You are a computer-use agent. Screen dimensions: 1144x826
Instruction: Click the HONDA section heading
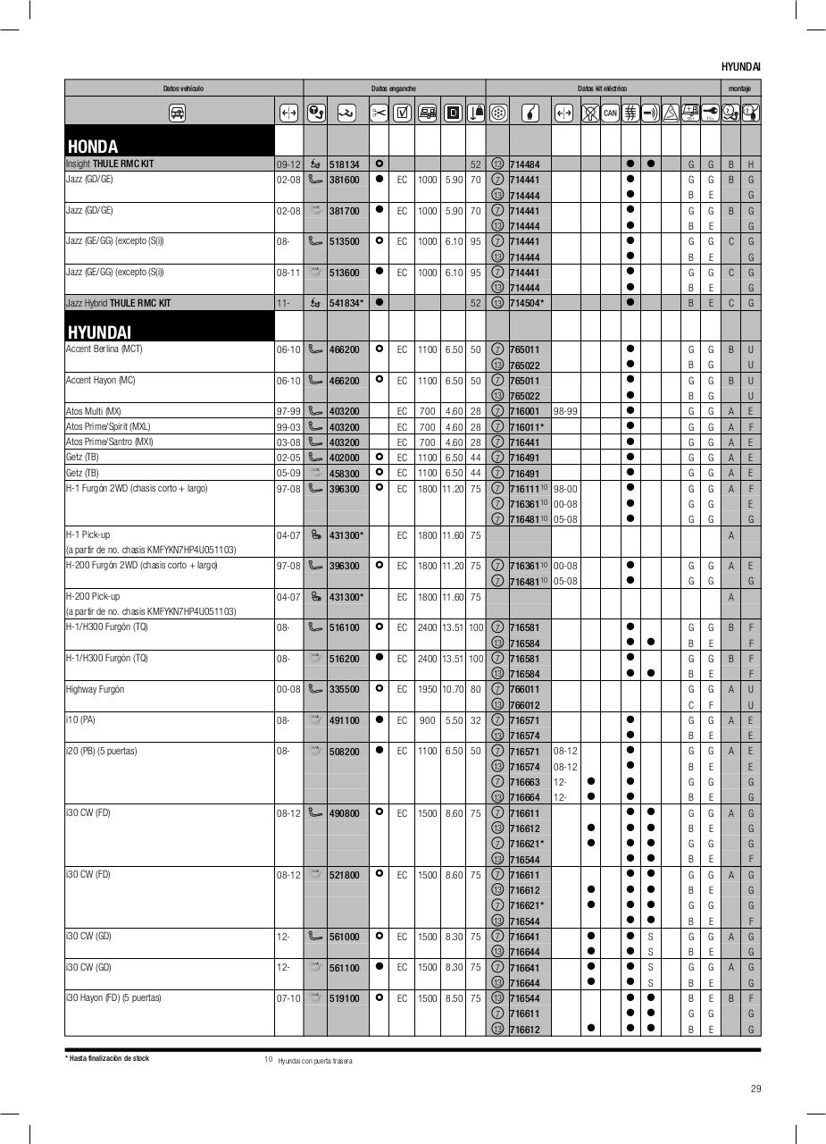(93, 146)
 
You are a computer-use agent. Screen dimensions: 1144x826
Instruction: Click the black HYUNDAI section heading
(99, 332)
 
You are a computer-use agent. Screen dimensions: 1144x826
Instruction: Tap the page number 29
(755, 1089)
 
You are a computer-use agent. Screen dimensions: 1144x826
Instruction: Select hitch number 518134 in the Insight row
(344, 164)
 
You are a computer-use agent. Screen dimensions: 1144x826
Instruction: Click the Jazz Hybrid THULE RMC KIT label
(118, 303)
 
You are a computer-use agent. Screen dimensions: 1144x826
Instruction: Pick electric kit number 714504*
(526, 303)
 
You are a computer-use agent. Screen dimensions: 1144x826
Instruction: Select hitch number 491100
(344, 720)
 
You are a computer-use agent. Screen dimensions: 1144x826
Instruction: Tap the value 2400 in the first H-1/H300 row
(428, 627)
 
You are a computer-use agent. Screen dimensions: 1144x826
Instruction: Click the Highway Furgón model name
(95, 689)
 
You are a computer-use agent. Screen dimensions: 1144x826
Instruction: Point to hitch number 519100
(344, 998)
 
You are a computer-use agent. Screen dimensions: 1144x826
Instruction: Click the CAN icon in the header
(610, 113)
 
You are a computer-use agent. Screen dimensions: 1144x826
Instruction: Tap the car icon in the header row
(178, 113)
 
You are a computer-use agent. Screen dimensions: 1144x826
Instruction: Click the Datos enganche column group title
(394, 88)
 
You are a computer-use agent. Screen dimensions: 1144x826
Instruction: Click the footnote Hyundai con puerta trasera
(314, 1061)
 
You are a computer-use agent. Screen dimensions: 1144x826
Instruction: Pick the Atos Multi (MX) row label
(94, 411)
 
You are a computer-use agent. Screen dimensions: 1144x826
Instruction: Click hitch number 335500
(344, 689)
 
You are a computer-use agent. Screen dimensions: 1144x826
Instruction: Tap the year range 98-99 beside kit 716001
(564, 411)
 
